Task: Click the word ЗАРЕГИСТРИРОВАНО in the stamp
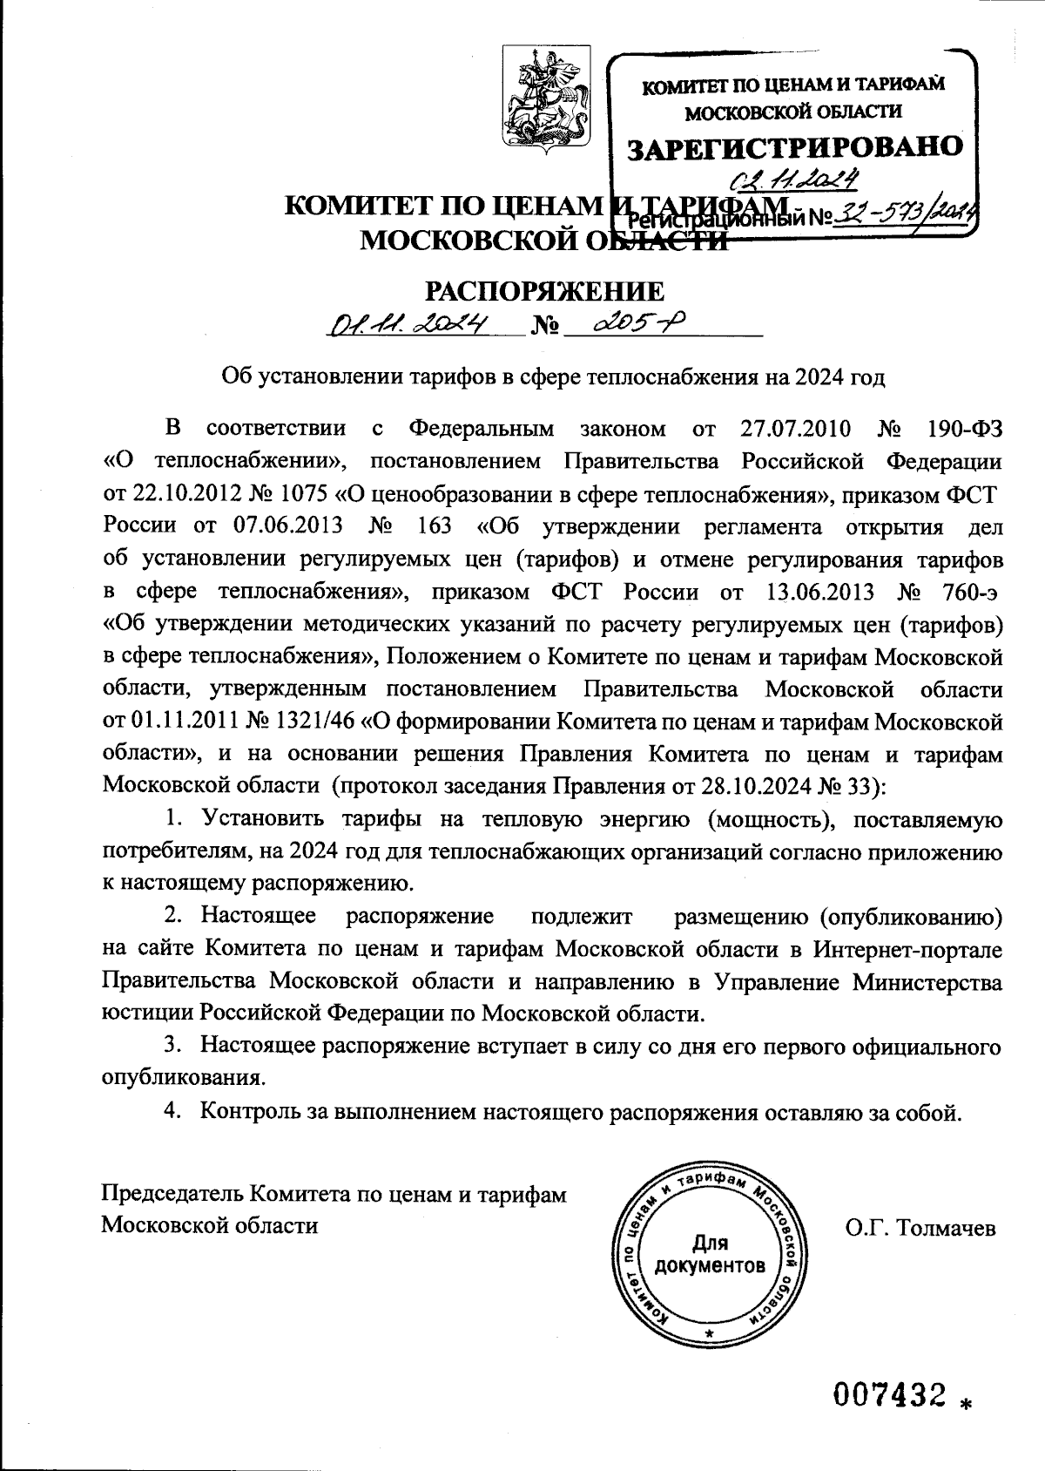[796, 146]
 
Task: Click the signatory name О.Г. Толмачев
[920, 1229]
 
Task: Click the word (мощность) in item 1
[765, 820]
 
